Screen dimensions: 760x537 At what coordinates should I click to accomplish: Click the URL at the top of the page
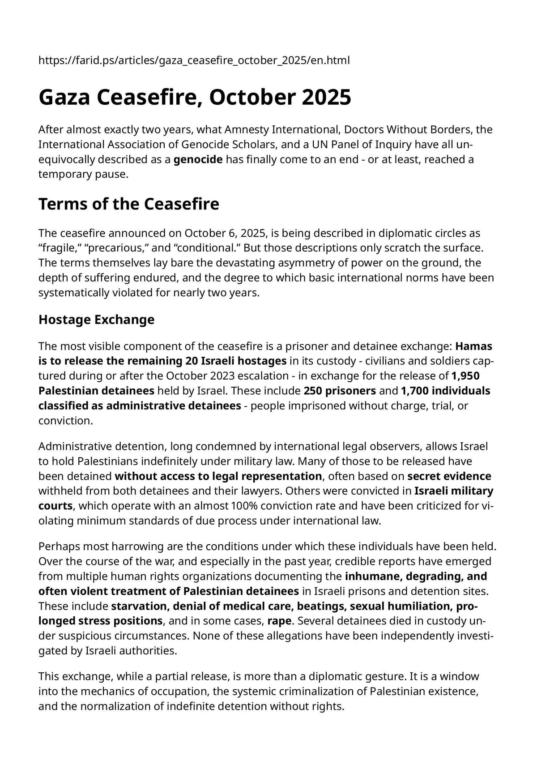[x=194, y=60]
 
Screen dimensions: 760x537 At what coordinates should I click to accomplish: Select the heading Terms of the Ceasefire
[x=129, y=204]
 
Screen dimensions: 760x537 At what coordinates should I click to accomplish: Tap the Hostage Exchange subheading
[x=96, y=320]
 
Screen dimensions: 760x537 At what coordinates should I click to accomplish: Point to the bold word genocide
[x=198, y=159]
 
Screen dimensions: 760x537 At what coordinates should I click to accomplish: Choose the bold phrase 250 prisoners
[x=340, y=391]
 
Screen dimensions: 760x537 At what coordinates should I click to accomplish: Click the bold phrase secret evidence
[x=449, y=476]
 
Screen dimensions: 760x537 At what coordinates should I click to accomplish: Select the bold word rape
[x=279, y=621]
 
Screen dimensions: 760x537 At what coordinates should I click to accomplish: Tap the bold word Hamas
[x=473, y=346]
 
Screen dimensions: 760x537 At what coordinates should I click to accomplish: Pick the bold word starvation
[x=139, y=606]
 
